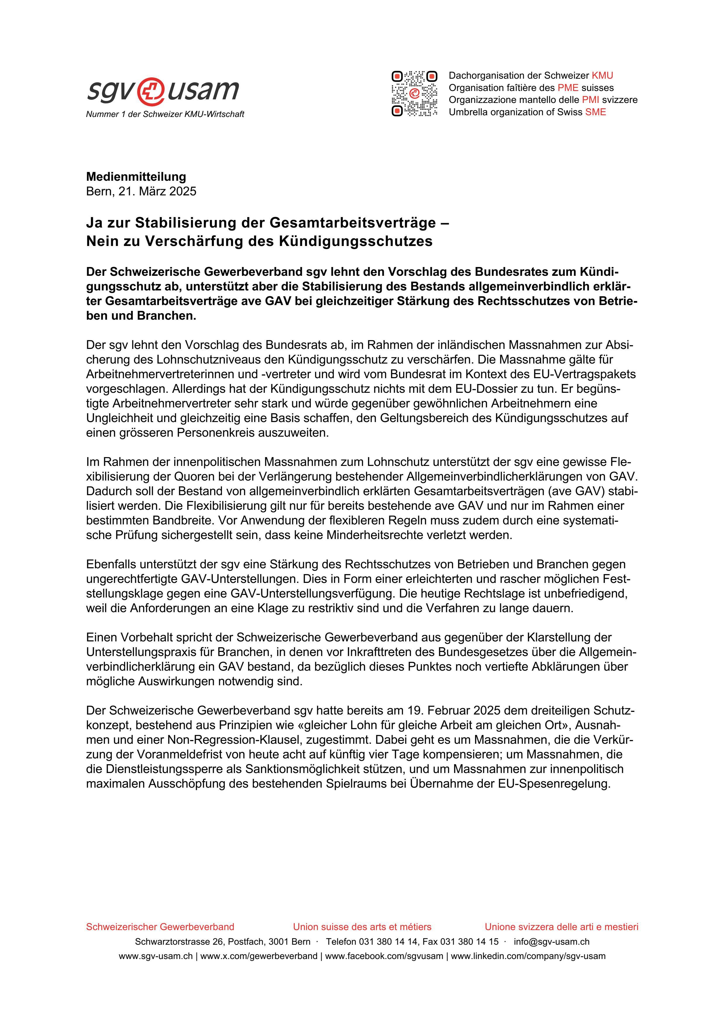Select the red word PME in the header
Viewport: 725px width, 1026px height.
tap(568, 87)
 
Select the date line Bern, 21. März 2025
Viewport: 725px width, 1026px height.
tap(141, 191)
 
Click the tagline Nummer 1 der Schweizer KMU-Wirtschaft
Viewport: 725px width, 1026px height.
tap(165, 114)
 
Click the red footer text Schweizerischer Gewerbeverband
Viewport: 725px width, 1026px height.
tap(160, 927)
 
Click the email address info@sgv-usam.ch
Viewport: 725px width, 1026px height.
tap(551, 941)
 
